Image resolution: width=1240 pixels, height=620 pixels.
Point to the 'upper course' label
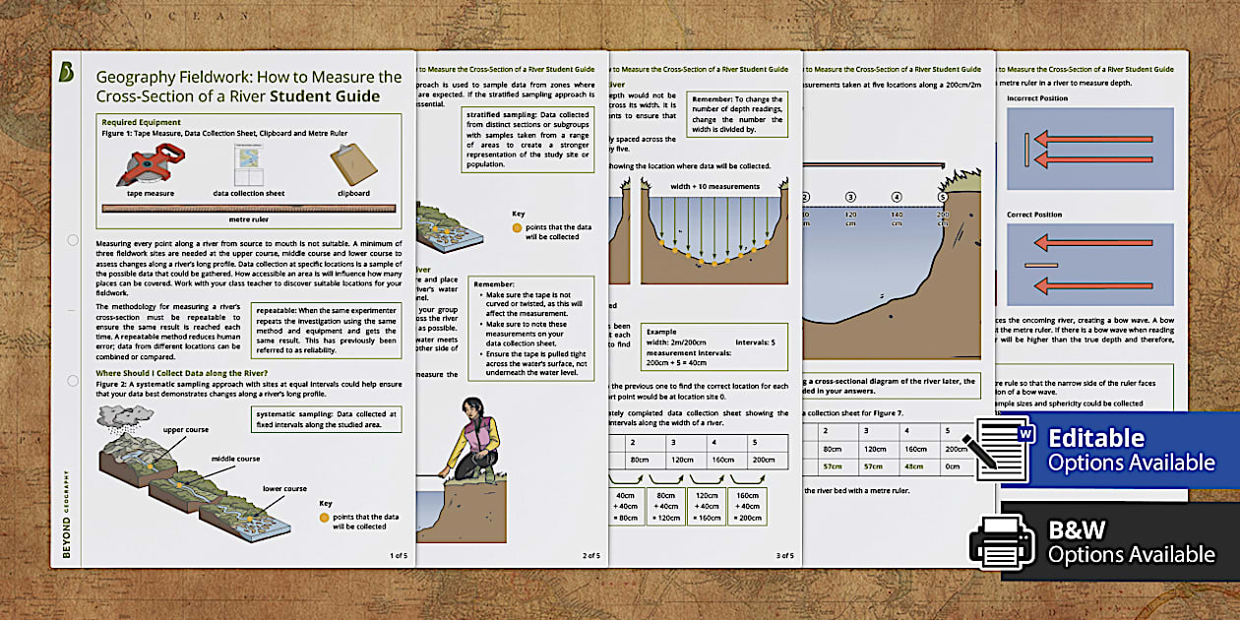click(185, 430)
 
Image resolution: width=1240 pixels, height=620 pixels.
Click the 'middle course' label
click(235, 459)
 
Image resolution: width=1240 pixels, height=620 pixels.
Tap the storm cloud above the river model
click(126, 421)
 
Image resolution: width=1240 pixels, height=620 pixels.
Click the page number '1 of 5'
click(398, 555)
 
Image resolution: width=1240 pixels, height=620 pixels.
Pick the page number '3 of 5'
click(784, 555)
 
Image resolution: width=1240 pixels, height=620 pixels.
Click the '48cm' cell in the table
click(915, 466)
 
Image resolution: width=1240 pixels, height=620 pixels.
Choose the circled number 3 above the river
click(850, 197)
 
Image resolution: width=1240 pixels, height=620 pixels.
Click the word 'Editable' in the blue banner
click(1096, 438)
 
